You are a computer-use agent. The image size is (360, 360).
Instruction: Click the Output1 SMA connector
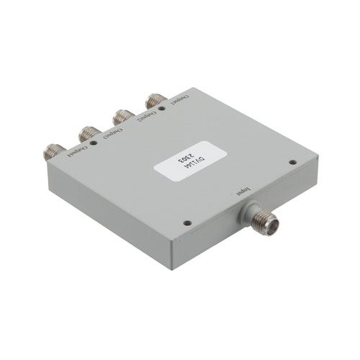pyautogui.click(x=154, y=100)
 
